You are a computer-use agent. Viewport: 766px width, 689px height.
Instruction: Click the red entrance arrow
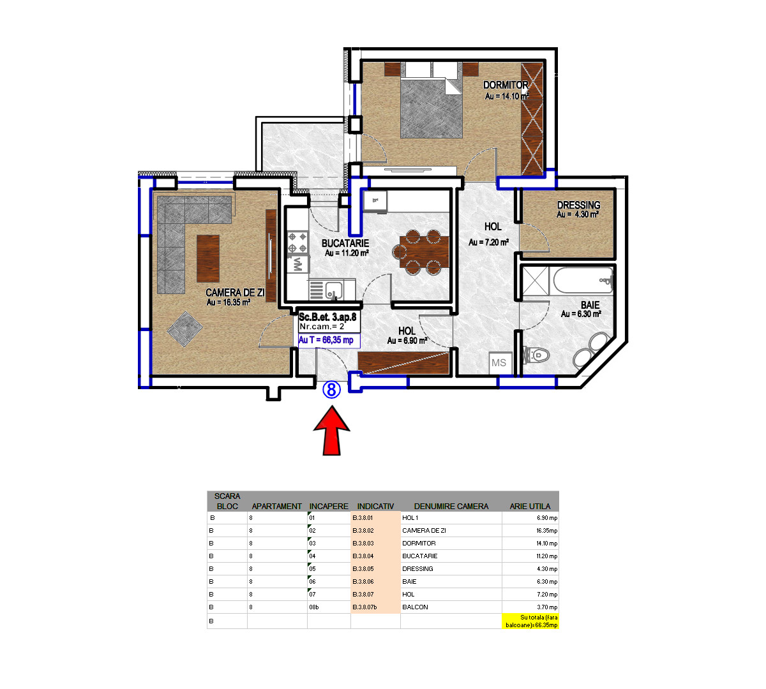331,431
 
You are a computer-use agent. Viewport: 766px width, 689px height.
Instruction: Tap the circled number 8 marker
331,390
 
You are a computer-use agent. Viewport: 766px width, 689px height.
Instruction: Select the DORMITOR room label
506,85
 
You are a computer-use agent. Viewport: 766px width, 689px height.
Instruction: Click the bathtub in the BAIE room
583,280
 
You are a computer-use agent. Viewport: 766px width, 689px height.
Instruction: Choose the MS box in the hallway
499,363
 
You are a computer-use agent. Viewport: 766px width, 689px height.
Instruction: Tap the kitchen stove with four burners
297,243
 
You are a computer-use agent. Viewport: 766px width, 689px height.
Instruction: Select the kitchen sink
333,291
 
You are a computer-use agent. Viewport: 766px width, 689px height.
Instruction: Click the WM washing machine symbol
297,263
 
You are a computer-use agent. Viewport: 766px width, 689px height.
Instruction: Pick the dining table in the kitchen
424,252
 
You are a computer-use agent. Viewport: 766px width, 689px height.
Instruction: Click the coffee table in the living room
208,258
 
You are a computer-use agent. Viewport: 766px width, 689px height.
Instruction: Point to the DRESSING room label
578,205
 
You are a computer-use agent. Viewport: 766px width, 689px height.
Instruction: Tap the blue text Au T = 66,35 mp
326,340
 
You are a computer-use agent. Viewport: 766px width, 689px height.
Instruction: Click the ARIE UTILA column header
530,506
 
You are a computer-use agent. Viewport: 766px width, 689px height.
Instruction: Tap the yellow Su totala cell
530,621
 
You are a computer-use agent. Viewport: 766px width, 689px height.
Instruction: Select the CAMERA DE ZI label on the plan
235,293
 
